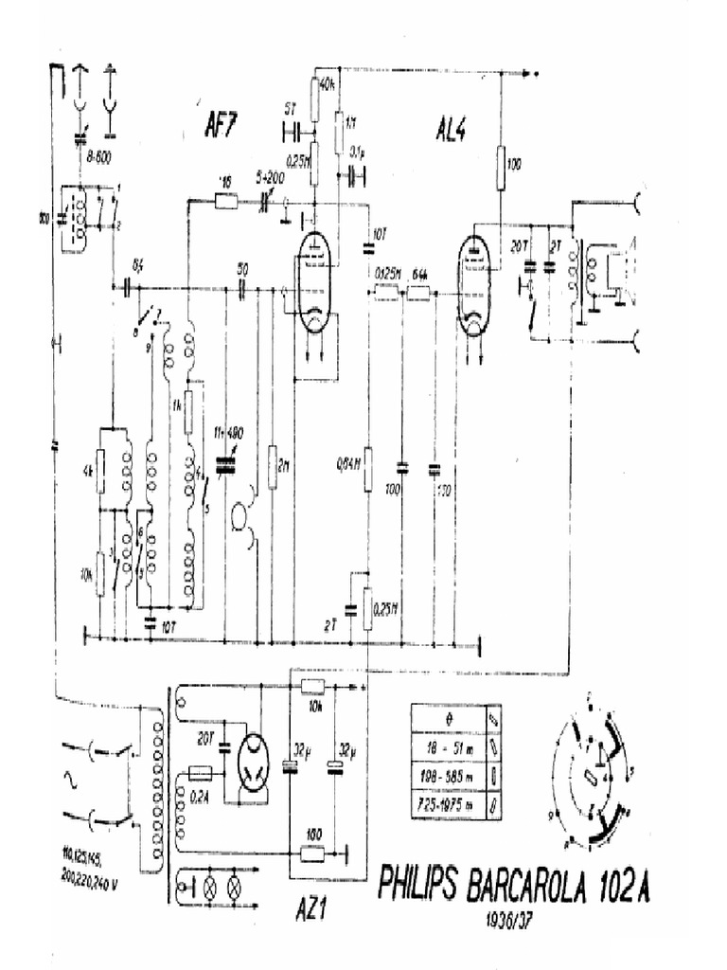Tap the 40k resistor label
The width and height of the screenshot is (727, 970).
[x=328, y=85]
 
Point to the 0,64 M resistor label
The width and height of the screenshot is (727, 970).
[x=349, y=464]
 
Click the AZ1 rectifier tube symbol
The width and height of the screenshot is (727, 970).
[x=255, y=762]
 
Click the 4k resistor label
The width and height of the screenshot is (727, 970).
[x=87, y=469]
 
